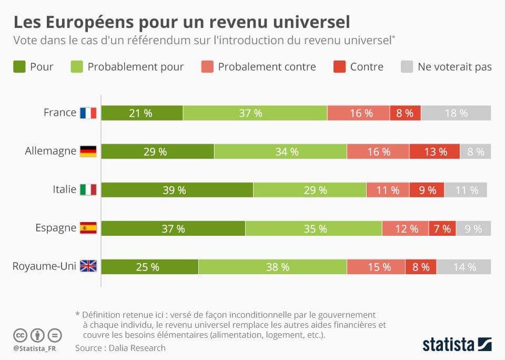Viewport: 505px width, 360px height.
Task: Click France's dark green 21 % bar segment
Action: pyautogui.click(x=142, y=113)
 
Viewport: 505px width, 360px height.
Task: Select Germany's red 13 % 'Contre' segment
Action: pyautogui.click(x=435, y=152)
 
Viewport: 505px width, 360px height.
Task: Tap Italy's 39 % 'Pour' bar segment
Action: pyautogui.click(x=177, y=190)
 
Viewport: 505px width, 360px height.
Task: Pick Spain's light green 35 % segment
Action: pyautogui.click(x=314, y=228)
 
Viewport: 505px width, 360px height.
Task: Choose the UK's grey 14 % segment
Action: pyautogui.click(x=463, y=267)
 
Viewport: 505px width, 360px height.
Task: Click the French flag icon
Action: pyautogui.click(x=88, y=113)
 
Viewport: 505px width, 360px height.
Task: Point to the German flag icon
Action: pyautogui.click(x=88, y=152)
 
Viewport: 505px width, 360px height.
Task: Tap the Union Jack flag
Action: pyautogui.click(x=88, y=266)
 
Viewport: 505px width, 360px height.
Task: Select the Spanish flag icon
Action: pyautogui.click(x=88, y=228)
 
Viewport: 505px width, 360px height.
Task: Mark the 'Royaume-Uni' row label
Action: pyautogui.click(x=44, y=266)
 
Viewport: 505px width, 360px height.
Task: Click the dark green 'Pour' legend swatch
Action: pyautogui.click(x=19, y=67)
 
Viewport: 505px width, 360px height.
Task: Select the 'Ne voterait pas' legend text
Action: pyautogui.click(x=454, y=67)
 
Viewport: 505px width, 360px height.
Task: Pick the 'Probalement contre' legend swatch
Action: pyautogui.click(x=207, y=67)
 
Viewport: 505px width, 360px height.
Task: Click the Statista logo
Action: pyautogui.click(x=457, y=344)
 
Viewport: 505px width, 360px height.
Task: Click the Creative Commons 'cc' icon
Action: pyautogui.click(x=20, y=335)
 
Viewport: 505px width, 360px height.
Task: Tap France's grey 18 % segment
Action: pyautogui.click(x=456, y=113)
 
